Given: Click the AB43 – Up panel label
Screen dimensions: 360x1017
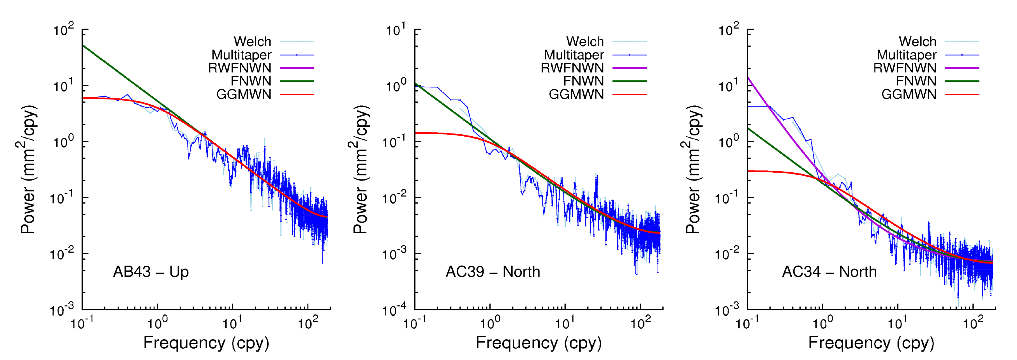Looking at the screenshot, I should [x=151, y=272].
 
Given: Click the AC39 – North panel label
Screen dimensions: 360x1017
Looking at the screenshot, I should [x=493, y=272].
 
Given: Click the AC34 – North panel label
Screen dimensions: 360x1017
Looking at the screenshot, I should [x=829, y=272].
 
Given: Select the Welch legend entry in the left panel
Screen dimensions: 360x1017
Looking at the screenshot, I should [x=252, y=41].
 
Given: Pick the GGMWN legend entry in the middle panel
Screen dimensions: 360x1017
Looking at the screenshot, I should [x=576, y=94].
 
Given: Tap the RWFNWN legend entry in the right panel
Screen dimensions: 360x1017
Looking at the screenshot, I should [x=905, y=68].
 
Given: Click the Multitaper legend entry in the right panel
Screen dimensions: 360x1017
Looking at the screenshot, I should [x=907, y=55].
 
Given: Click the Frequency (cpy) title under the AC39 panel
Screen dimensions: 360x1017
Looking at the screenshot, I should [x=538, y=343].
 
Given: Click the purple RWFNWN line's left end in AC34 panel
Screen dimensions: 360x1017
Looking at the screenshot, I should [x=748, y=77].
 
